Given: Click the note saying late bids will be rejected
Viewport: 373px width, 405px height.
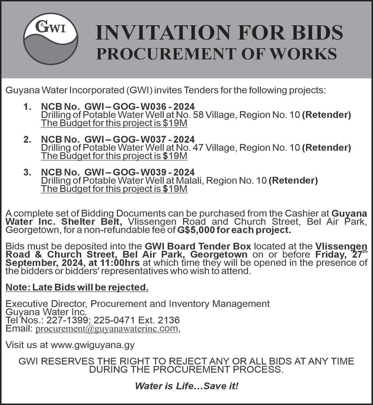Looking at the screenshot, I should pyautogui.click(x=77, y=288).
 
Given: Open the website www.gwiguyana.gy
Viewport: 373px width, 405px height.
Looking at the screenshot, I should pyautogui.click(x=92, y=345).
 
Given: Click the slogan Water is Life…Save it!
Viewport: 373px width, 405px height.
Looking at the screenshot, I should pyautogui.click(x=186, y=386).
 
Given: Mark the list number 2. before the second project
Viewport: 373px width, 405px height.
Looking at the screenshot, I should pyautogui.click(x=28, y=139).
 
